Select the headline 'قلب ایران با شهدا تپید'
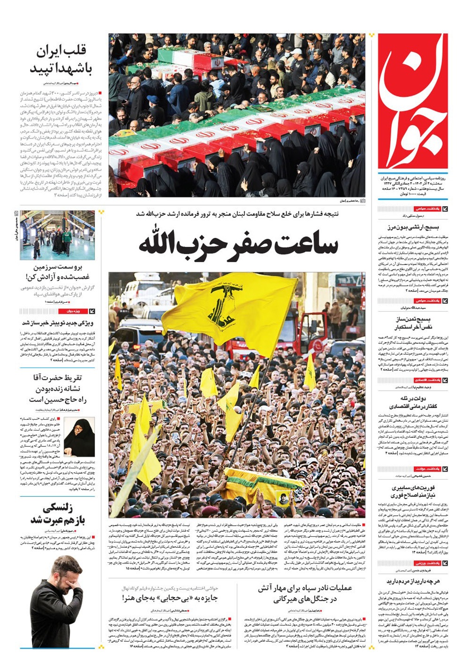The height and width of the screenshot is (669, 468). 61,59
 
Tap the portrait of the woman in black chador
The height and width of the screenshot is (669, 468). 79,438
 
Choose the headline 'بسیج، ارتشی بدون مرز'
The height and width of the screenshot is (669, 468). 413,228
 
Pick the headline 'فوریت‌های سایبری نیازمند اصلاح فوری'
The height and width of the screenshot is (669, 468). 414,491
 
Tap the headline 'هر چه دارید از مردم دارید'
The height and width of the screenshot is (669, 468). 413,581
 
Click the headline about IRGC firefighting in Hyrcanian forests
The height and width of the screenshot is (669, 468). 305,593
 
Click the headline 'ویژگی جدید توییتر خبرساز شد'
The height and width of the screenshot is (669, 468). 58,323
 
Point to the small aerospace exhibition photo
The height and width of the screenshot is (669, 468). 57,235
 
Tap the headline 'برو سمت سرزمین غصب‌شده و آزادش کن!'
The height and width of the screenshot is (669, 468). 58,272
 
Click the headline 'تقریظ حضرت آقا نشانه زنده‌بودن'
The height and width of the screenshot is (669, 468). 58,388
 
